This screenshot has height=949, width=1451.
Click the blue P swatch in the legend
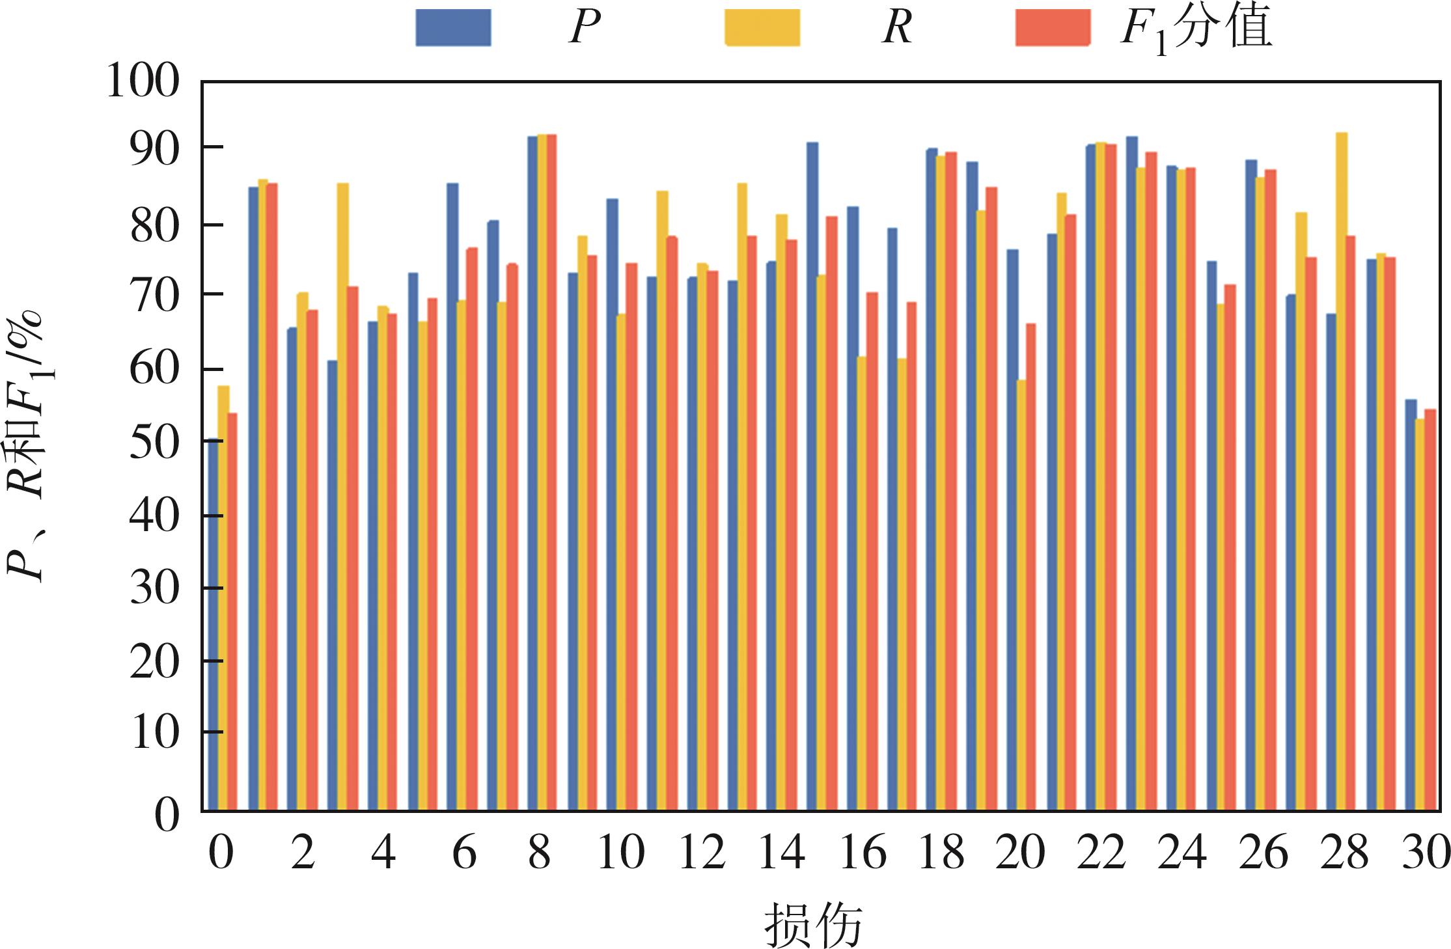pos(453,27)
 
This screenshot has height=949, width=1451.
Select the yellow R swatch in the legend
pos(762,27)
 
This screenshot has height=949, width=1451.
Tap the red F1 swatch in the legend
pos(1053,27)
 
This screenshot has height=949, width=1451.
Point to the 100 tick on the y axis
pos(143,83)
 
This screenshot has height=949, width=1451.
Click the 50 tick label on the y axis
pos(154,443)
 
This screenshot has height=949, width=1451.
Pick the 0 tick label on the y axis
pos(166,814)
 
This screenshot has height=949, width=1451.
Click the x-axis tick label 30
pos(1426,853)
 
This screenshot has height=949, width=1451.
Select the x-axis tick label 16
pos(863,853)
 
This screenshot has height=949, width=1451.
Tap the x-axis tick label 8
pos(539,853)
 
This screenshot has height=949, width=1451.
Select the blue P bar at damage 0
pos(213,625)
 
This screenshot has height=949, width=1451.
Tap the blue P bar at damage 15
pos(812,476)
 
